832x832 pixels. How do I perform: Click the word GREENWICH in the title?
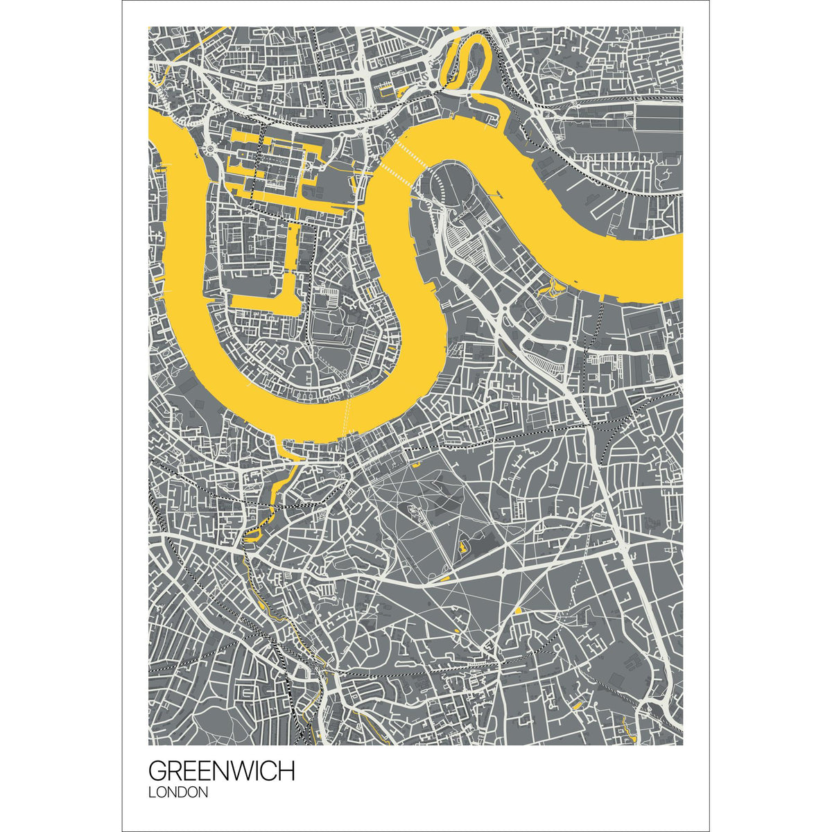click(x=221, y=770)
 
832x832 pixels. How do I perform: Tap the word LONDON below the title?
click(x=178, y=792)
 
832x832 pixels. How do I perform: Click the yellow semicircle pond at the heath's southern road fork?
click(x=517, y=610)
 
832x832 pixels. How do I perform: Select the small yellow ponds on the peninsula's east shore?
click(x=555, y=286)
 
